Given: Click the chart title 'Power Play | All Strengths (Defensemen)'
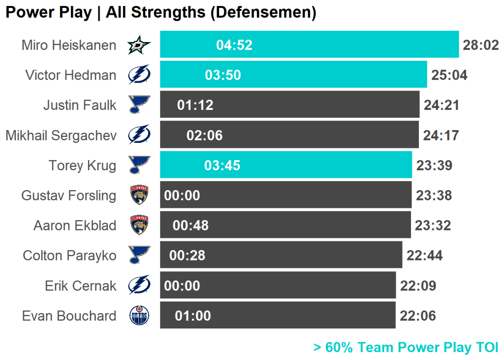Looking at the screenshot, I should tap(160, 12).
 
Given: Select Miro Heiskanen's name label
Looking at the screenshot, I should tap(69, 45).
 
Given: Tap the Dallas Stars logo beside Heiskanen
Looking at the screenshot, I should tap(139, 45).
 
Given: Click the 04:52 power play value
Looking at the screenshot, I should tap(234, 45).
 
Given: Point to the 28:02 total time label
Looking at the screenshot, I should tap(481, 45).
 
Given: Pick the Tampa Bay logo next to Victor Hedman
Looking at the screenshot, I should tap(139, 75).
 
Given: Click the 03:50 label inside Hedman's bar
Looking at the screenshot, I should tap(223, 75).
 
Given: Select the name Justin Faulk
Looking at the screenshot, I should tap(80, 105).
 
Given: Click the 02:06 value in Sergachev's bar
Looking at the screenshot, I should tap(204, 135).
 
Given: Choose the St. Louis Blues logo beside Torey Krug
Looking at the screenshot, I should tap(139, 165).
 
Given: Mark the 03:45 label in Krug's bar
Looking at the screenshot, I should tap(222, 165).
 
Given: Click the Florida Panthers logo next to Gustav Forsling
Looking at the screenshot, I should tap(139, 195).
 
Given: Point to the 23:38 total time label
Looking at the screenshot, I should tap(434, 196).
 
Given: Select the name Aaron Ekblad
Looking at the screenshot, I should tap(75, 226).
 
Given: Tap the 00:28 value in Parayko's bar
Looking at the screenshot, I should tap(187, 256).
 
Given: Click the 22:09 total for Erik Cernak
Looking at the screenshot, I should tap(418, 286).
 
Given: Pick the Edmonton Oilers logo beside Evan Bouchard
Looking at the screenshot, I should tap(139, 316).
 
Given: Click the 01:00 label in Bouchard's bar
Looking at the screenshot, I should tap(193, 316).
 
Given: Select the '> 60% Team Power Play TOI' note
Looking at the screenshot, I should tap(406, 347).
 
